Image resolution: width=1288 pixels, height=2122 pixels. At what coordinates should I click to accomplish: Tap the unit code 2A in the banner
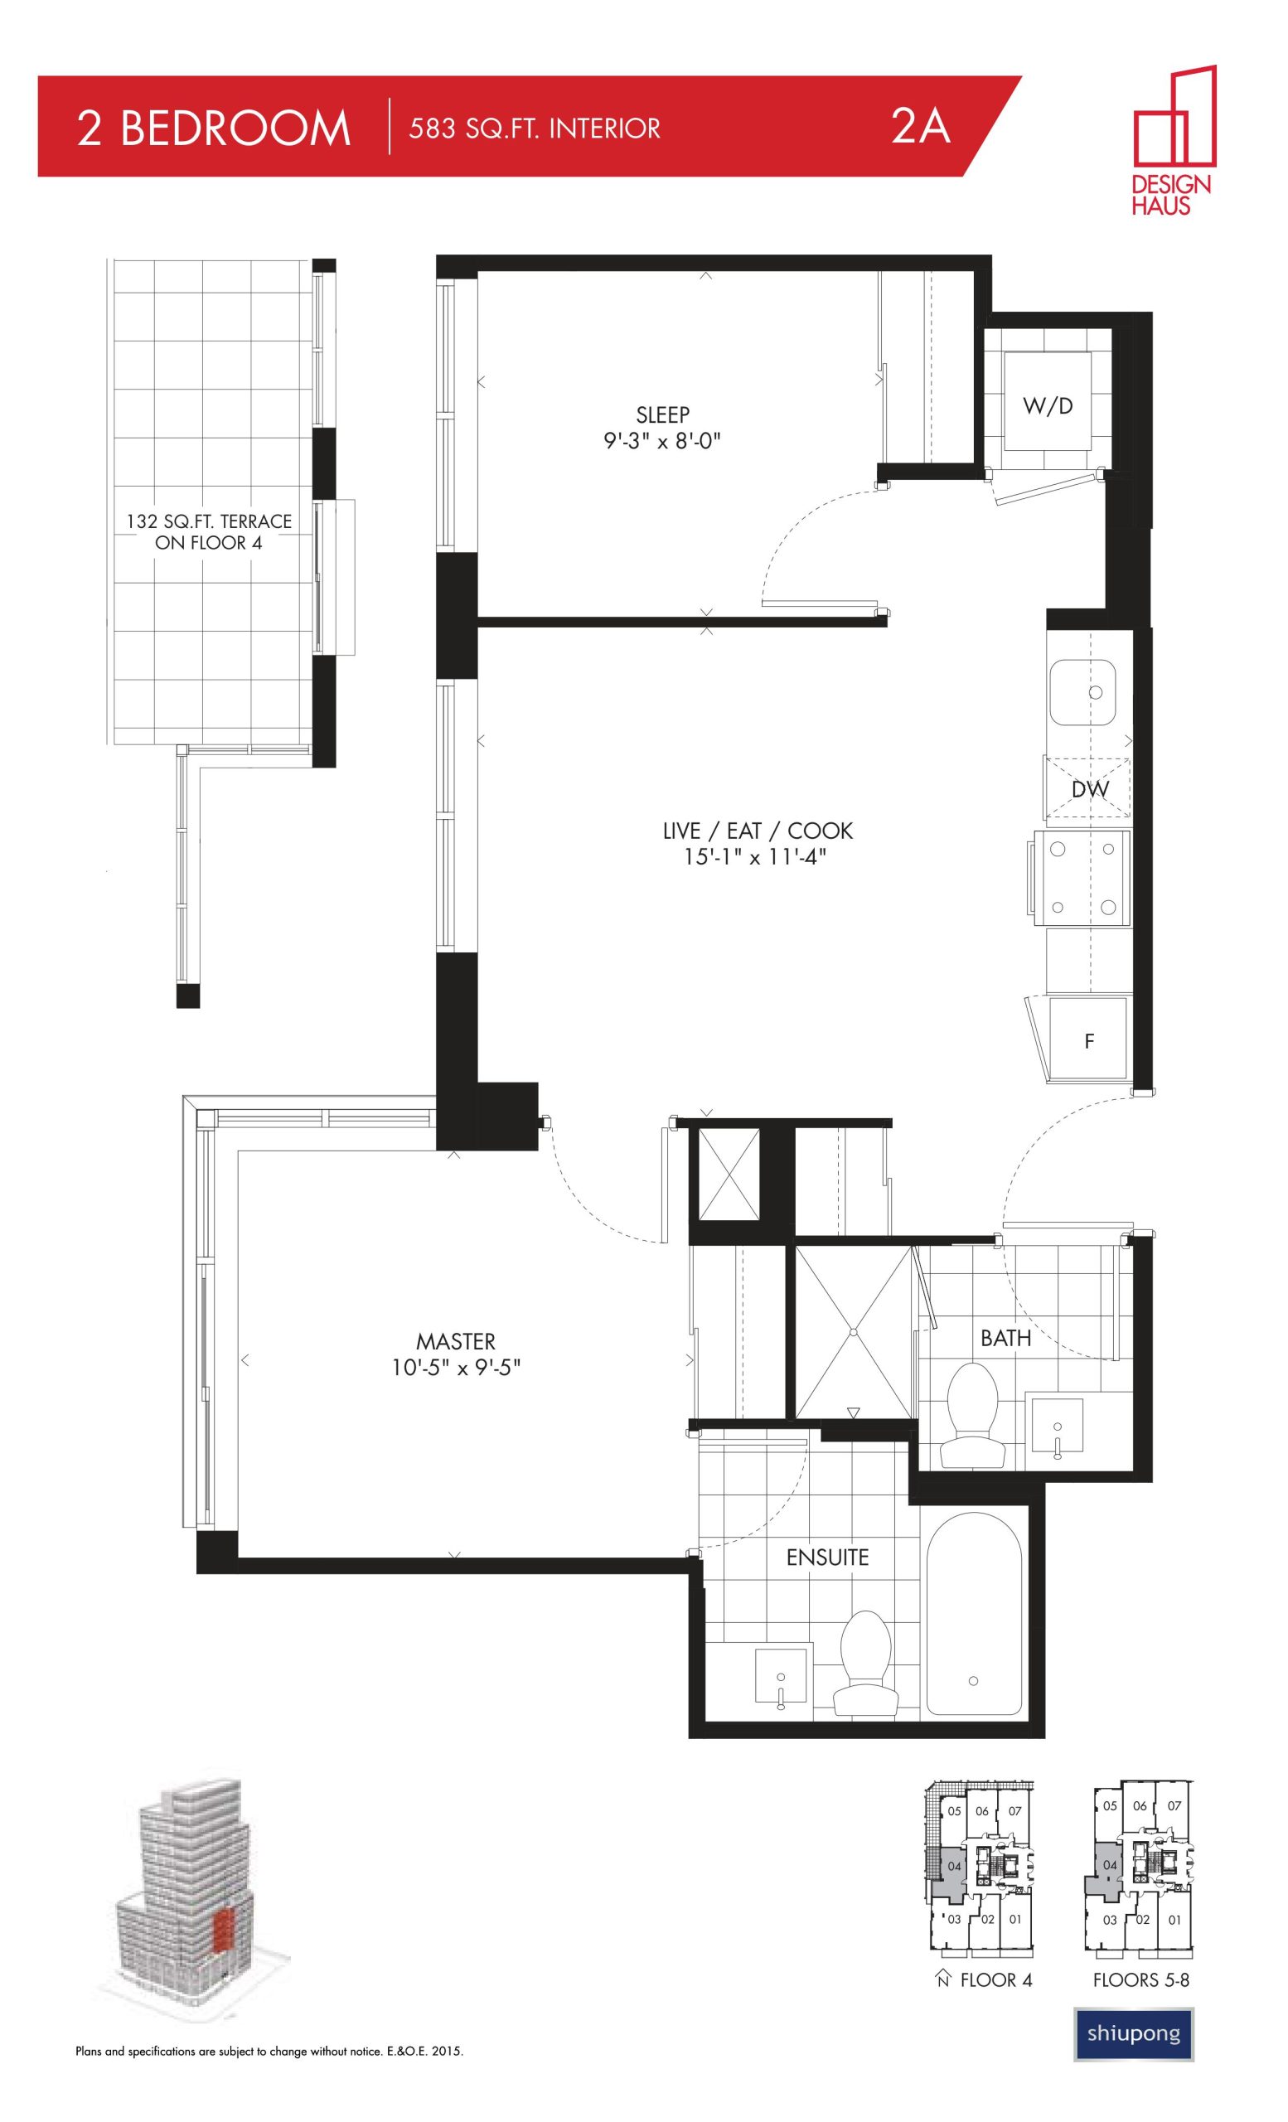(x=920, y=128)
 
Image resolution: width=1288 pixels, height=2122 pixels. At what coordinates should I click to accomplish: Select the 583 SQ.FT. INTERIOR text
(x=535, y=129)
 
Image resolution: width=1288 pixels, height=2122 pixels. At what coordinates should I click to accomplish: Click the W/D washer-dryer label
(x=1048, y=405)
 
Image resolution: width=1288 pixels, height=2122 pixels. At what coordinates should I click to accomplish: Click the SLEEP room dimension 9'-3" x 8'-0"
(x=662, y=442)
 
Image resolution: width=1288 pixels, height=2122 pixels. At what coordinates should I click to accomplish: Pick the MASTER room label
(x=456, y=1342)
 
